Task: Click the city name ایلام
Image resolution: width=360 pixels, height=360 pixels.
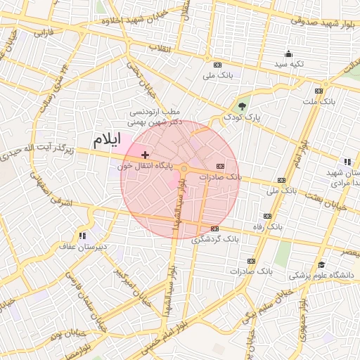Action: [106, 139]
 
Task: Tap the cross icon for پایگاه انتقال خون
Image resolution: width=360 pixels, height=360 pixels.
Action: [145, 155]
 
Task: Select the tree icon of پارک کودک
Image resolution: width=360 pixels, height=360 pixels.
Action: [243, 105]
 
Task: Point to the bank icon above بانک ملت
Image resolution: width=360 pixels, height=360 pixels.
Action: [319, 91]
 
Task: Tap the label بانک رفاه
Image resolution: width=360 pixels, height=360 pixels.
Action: [269, 226]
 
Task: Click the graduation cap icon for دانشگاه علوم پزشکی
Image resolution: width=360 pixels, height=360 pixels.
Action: [321, 264]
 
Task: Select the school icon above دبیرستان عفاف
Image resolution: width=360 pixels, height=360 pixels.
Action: [83, 236]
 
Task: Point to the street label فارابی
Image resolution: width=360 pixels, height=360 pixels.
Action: [44, 32]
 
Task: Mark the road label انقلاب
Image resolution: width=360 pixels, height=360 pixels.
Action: [160, 48]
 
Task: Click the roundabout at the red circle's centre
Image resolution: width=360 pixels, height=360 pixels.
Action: [184, 169]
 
